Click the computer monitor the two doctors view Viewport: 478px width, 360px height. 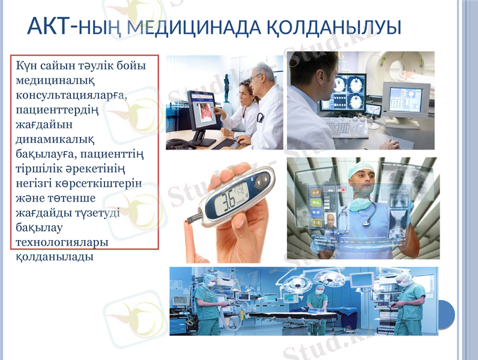(x=202, y=109)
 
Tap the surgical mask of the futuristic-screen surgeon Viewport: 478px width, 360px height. (x=360, y=203)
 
